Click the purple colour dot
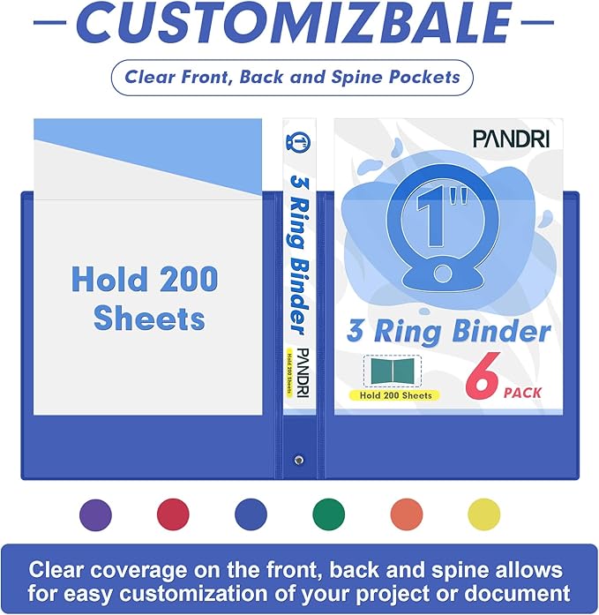tap(96, 514)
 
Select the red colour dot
tap(174, 514)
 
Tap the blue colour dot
tap(251, 514)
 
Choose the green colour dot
tap(329, 514)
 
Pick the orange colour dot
tap(407, 514)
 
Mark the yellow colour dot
tap(483, 514)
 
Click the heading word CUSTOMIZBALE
tap(299, 23)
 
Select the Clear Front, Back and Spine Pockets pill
tap(292, 77)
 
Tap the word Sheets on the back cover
tap(149, 318)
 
